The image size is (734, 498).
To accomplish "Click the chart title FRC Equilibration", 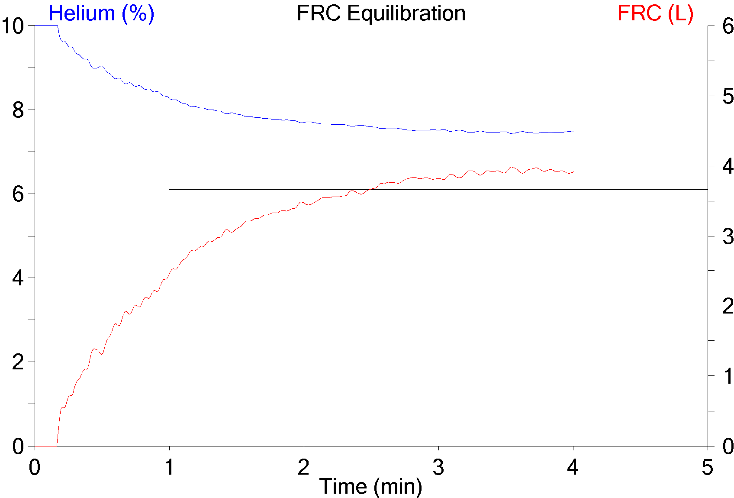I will pos(381,13).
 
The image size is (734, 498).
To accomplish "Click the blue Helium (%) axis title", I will pos(101,13).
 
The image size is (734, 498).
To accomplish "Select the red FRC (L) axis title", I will pos(655,13).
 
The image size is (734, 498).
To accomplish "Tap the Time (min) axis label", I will pos(370,486).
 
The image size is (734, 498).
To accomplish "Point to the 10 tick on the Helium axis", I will pos(12,26).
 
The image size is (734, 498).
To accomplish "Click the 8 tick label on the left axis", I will pos(18,110).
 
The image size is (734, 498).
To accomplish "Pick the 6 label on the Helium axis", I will pos(18,194).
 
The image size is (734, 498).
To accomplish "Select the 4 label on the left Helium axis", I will pos(18,278).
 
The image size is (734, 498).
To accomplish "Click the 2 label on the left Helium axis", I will pos(18,362).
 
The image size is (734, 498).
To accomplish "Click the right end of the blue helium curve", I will pos(573,132).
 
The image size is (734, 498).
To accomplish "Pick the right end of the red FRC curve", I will pos(573,172).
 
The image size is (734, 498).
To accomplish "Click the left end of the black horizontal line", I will pos(170,189).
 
